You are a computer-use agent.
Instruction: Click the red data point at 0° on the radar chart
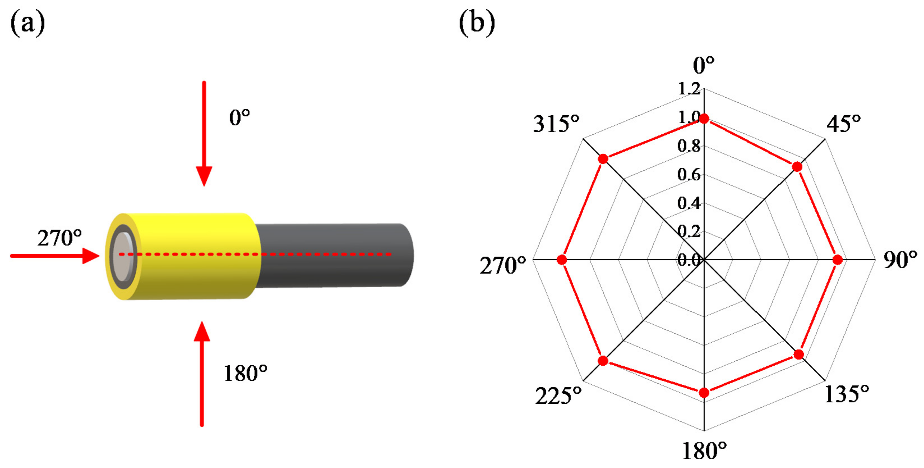tap(704, 119)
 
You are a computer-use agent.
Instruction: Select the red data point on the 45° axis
tap(797, 167)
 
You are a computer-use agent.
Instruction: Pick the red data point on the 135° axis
tap(798, 355)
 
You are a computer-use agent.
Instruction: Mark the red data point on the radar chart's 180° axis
tap(704, 393)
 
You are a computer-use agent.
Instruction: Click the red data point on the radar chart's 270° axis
tap(562, 260)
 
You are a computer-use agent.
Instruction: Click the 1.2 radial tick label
tap(689, 89)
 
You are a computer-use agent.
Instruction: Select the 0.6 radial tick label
tap(689, 175)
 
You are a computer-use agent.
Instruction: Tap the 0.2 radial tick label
tap(689, 231)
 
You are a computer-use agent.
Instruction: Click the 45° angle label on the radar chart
tap(844, 124)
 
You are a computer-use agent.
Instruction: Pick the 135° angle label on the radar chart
tap(847, 394)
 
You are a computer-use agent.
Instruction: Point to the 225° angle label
tap(558, 396)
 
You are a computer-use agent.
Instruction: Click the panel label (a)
tap(28, 23)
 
